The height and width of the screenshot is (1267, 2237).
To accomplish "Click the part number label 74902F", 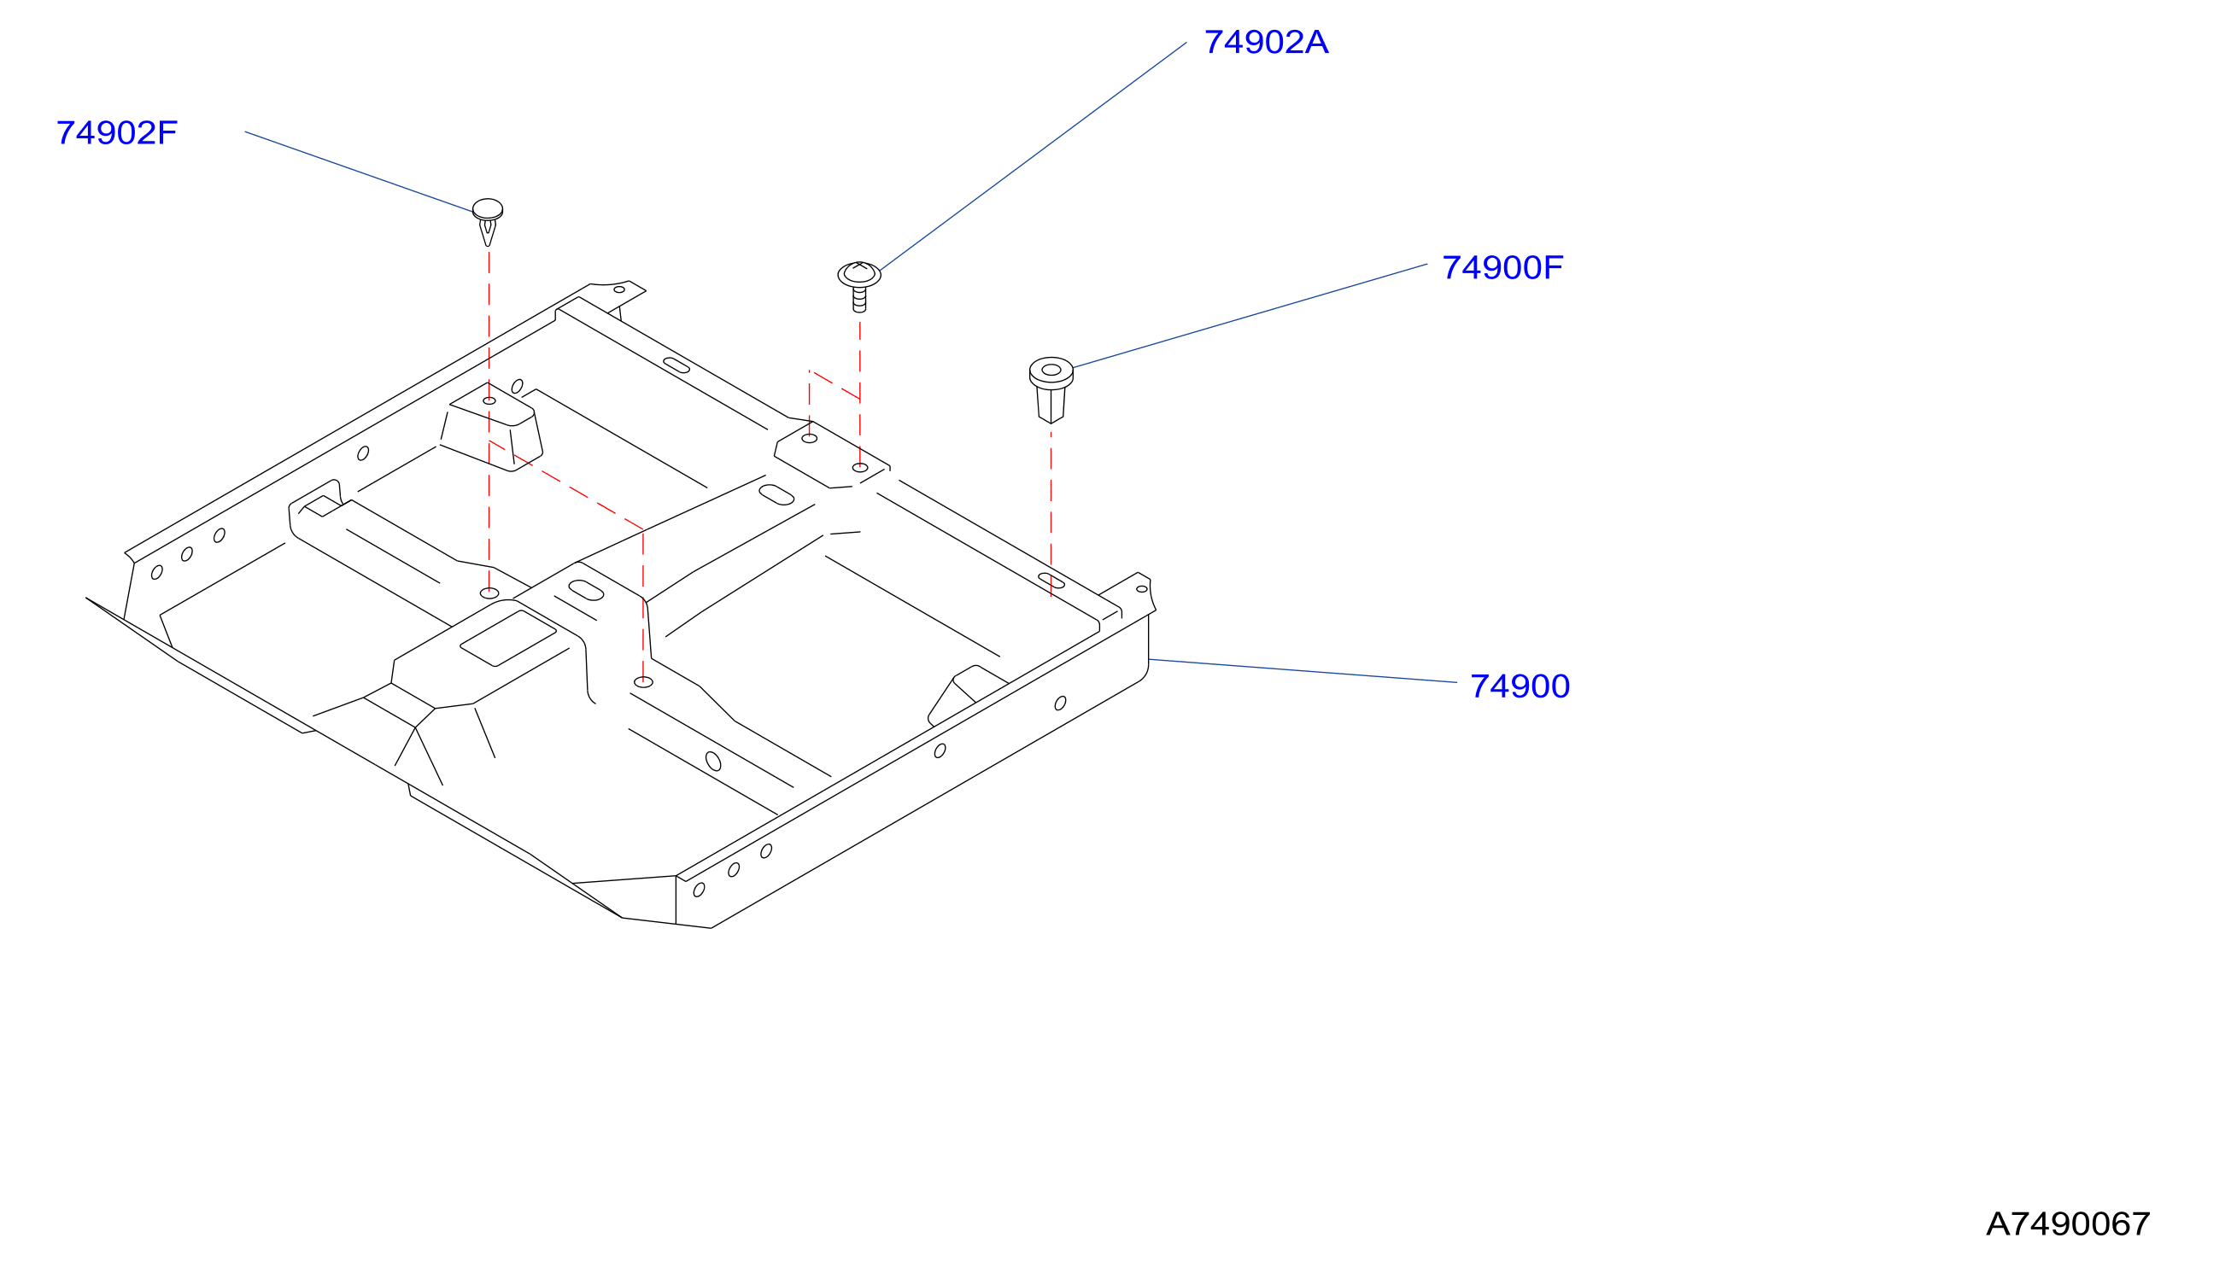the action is [117, 133].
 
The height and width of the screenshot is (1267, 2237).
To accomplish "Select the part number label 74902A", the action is [1266, 43].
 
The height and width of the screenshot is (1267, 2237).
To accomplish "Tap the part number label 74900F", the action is [1502, 268].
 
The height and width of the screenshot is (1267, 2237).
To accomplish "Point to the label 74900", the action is [1520, 686].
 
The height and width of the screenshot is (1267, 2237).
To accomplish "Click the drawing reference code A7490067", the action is [2068, 1224].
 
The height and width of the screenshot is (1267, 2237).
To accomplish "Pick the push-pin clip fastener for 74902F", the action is [488, 222].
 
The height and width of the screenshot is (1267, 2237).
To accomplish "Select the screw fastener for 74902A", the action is [859, 286].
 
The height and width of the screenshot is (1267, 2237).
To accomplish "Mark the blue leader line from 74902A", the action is [1034, 156].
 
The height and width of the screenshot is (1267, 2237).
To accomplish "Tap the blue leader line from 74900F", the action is [1250, 316].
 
